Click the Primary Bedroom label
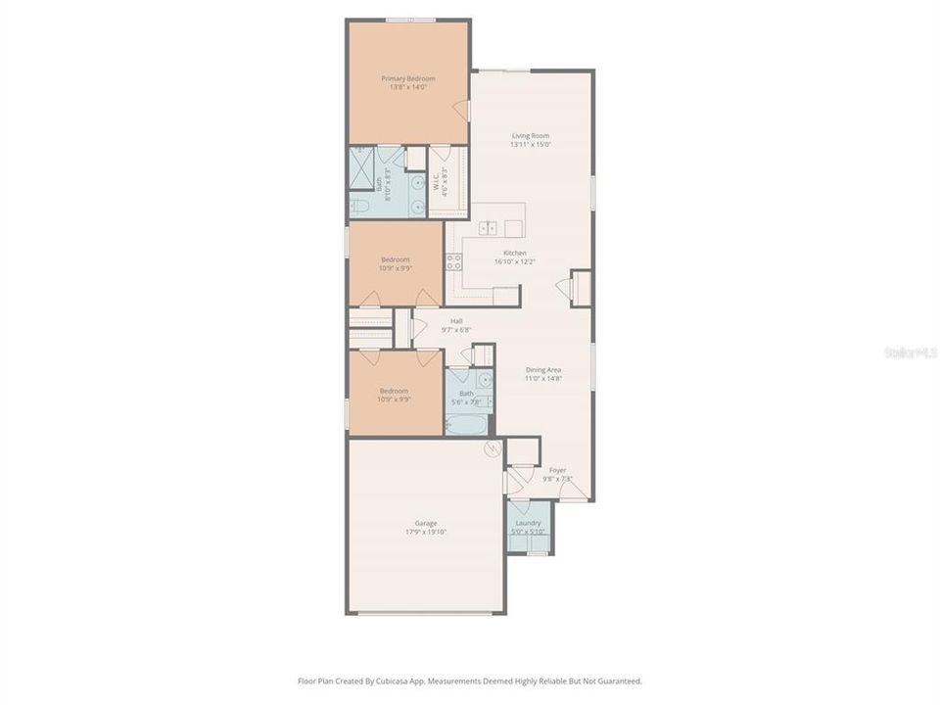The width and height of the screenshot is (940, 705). coord(407,78)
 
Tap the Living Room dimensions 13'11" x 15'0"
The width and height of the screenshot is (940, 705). coord(531,145)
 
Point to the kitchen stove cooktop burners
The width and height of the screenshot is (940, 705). coord(454,261)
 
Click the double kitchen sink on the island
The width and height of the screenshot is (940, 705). coord(488,228)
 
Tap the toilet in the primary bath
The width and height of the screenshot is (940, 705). coord(359,207)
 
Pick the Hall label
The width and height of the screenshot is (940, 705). coord(456,321)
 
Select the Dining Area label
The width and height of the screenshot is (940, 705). coord(542,369)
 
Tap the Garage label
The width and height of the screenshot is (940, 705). coord(425,523)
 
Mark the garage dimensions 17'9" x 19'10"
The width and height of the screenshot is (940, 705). coord(425,532)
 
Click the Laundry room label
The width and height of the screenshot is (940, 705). coord(529,523)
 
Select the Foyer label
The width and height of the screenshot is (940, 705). coord(557,470)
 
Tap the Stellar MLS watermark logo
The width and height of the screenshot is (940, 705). coord(910,352)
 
